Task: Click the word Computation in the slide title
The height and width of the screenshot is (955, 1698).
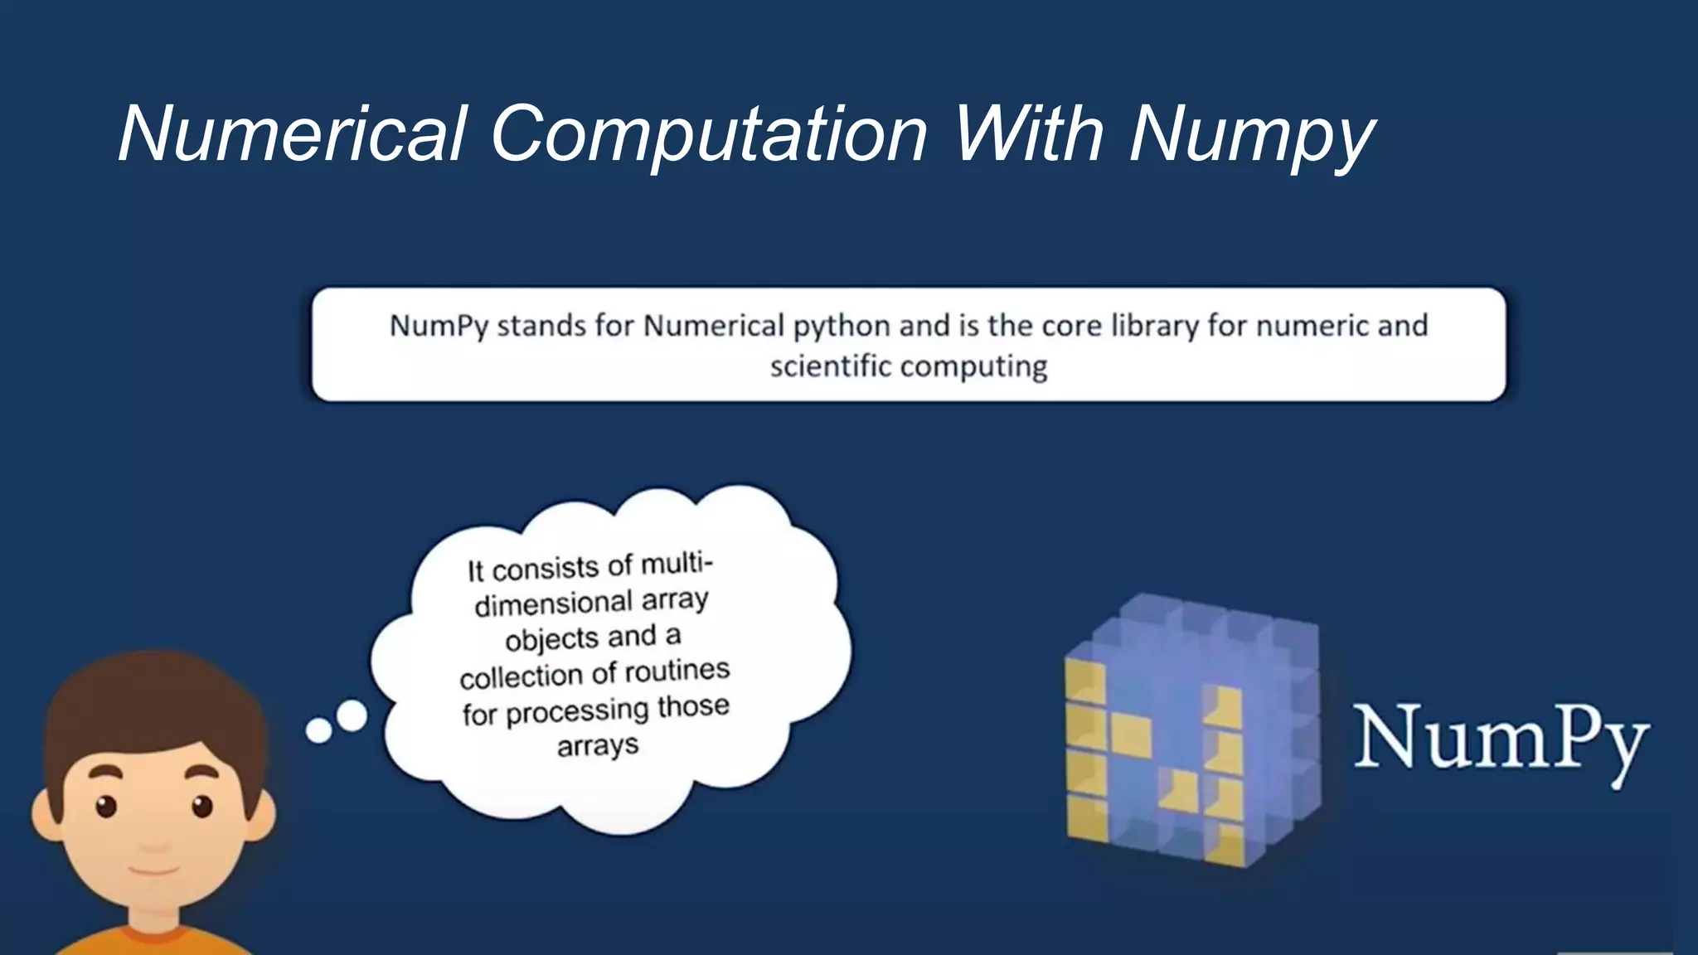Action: point(709,134)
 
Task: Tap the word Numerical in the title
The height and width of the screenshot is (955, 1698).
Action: point(292,134)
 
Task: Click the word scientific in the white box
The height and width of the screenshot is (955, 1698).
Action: point(830,366)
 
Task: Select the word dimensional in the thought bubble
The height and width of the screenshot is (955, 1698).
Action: point(553,604)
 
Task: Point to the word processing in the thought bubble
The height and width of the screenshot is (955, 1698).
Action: point(577,711)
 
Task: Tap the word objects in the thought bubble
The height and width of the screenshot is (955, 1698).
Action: point(551,640)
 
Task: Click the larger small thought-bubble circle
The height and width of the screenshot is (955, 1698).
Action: point(352,715)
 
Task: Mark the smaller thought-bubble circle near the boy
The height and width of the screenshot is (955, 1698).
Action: point(318,730)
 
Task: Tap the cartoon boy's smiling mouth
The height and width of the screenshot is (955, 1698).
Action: point(153,870)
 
